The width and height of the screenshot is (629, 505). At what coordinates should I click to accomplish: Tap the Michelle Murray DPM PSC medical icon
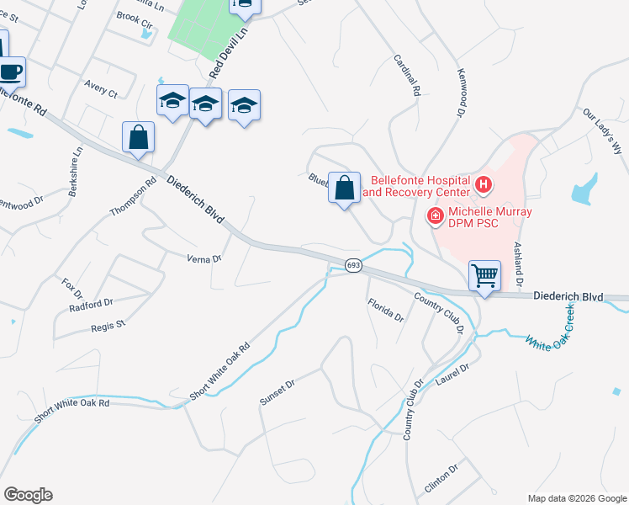(x=436, y=216)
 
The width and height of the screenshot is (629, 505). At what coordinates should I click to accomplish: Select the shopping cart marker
(x=485, y=275)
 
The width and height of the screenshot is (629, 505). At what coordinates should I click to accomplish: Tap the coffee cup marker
(x=11, y=71)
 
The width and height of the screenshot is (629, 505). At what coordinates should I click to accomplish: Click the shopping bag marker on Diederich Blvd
(x=138, y=137)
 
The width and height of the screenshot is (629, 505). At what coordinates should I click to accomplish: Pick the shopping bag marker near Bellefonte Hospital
(x=344, y=187)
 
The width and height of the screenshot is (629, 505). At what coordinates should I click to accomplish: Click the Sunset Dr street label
(x=277, y=392)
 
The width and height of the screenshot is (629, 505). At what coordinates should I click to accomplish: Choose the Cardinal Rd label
(x=406, y=76)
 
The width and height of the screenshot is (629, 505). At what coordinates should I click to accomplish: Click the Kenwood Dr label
(x=460, y=93)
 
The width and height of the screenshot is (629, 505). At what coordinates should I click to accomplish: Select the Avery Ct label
(x=101, y=89)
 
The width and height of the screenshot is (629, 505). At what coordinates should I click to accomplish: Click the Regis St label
(x=108, y=324)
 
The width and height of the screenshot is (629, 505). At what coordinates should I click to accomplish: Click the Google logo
(x=28, y=495)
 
